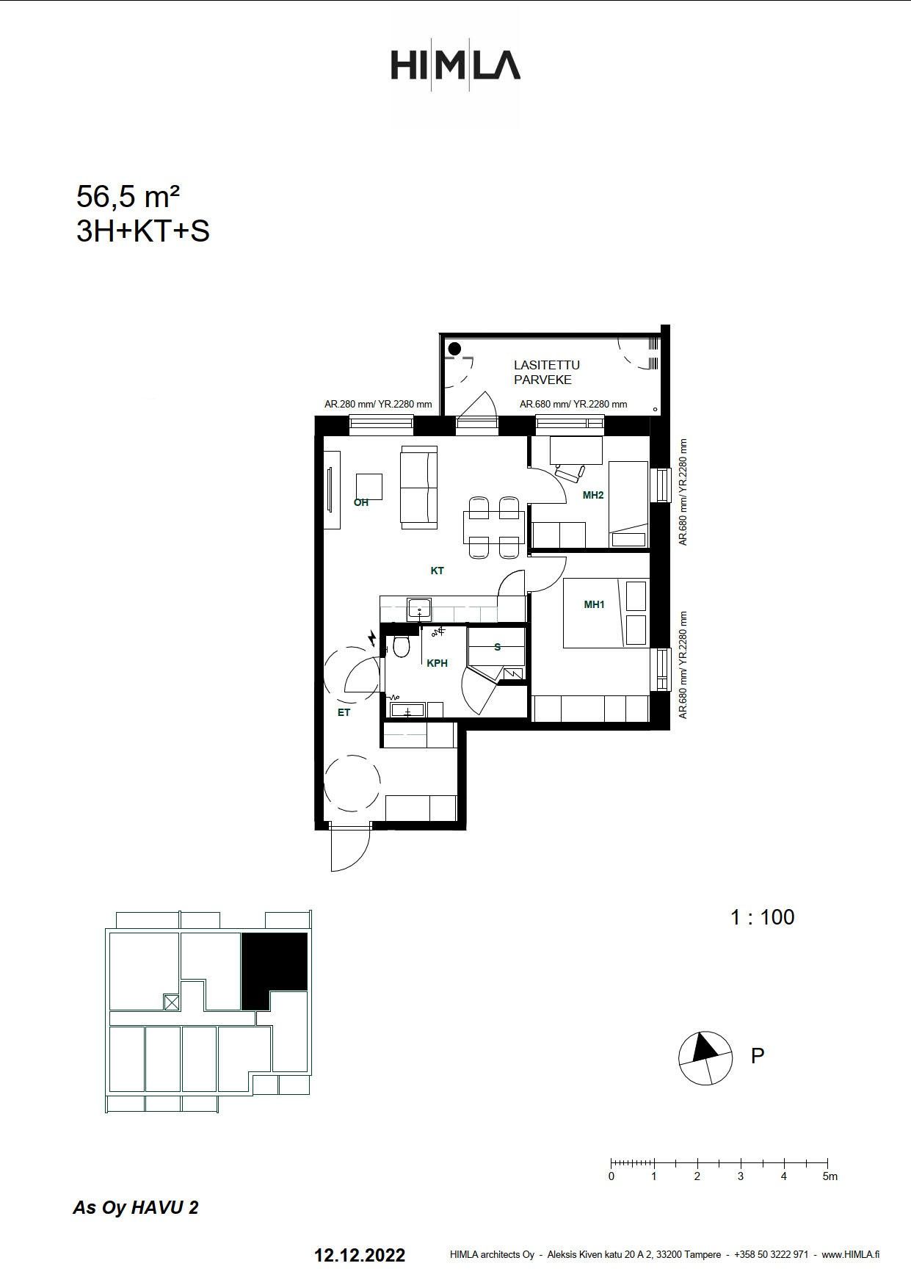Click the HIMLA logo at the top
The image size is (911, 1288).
coord(455,65)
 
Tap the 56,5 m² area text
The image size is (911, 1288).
coord(128,197)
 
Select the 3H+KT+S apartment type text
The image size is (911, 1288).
coord(143,231)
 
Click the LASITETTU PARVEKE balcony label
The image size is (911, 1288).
coord(547,372)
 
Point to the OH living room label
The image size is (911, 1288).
coord(361,503)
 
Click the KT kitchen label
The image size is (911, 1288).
coord(438,571)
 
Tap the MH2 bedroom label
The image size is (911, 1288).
coord(593,495)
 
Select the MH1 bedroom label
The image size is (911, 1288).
coord(594,604)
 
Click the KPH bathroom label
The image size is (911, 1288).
coord(437,663)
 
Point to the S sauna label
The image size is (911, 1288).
coord(498,647)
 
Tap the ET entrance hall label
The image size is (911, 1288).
coord(344,712)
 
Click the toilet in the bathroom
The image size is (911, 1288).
coord(401,646)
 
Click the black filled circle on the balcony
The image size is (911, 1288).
coord(454,349)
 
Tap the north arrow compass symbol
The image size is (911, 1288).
coord(705,1058)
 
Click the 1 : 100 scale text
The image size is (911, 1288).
coord(762,917)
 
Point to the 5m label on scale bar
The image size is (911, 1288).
coord(830,1176)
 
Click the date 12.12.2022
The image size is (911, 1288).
coord(360,1255)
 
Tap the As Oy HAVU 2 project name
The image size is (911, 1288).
coord(136,1208)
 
